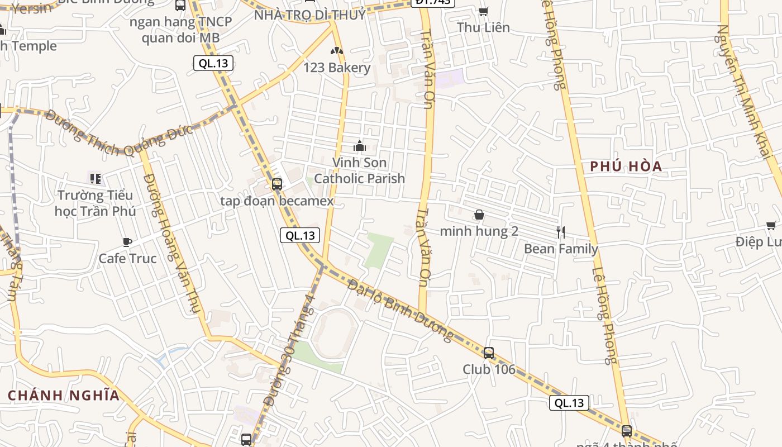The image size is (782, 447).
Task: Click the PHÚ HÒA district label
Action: tap(626, 166)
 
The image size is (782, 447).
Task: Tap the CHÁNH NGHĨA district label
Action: tap(64, 396)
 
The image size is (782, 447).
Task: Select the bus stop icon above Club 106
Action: tap(489, 353)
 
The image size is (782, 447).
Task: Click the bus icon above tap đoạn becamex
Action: tap(276, 184)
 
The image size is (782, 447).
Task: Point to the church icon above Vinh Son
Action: tap(360, 146)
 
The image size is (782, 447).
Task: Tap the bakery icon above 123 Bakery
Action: tap(336, 51)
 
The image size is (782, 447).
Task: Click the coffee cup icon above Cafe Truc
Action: tap(127, 242)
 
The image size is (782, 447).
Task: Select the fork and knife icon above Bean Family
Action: tap(561, 232)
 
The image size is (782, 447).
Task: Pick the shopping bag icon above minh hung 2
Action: tap(479, 215)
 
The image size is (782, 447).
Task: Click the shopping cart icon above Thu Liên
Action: tap(484, 11)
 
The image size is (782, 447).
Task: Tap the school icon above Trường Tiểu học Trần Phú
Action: tap(95, 179)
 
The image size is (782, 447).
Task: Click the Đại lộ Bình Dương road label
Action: tap(400, 310)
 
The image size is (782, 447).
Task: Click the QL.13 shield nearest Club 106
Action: tap(569, 403)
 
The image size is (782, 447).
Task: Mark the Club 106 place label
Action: tap(489, 369)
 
